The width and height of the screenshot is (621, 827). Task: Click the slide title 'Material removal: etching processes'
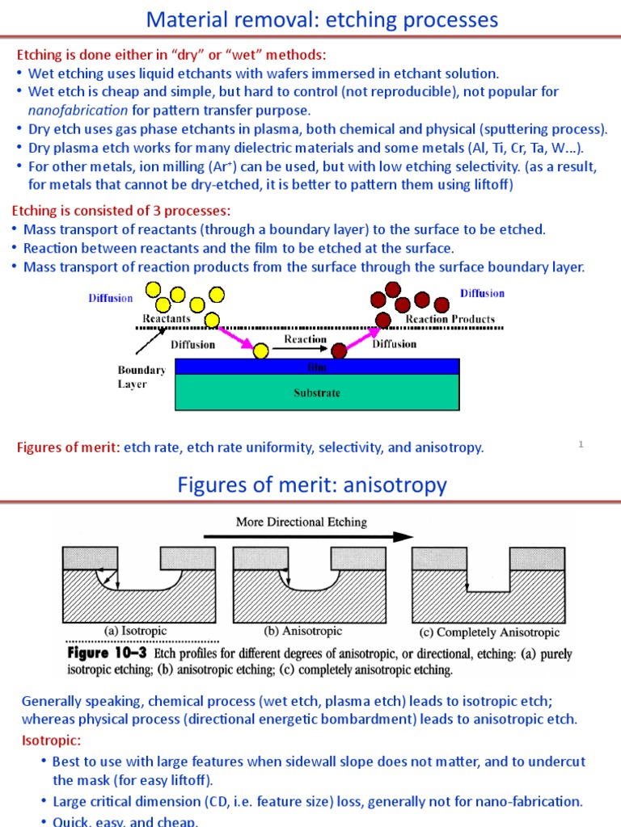click(322, 19)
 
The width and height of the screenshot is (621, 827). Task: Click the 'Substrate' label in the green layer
click(316, 393)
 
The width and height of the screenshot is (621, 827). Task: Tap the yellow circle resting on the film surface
click(261, 351)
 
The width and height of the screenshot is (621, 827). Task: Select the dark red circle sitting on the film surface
click(339, 351)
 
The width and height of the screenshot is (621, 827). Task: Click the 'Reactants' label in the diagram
click(167, 319)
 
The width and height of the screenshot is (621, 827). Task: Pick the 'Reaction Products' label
click(450, 319)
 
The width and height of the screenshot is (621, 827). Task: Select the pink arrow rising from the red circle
click(363, 337)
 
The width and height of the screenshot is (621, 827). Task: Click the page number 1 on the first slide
click(581, 443)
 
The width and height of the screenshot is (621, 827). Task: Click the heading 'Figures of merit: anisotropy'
click(311, 485)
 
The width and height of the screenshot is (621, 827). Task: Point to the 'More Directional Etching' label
click(301, 522)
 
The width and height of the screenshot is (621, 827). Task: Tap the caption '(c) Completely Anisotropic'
click(485, 632)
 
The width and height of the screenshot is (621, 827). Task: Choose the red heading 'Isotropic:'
click(51, 741)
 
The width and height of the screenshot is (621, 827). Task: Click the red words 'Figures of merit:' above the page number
click(68, 447)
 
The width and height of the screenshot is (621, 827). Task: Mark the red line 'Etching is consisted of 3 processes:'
click(120, 211)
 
